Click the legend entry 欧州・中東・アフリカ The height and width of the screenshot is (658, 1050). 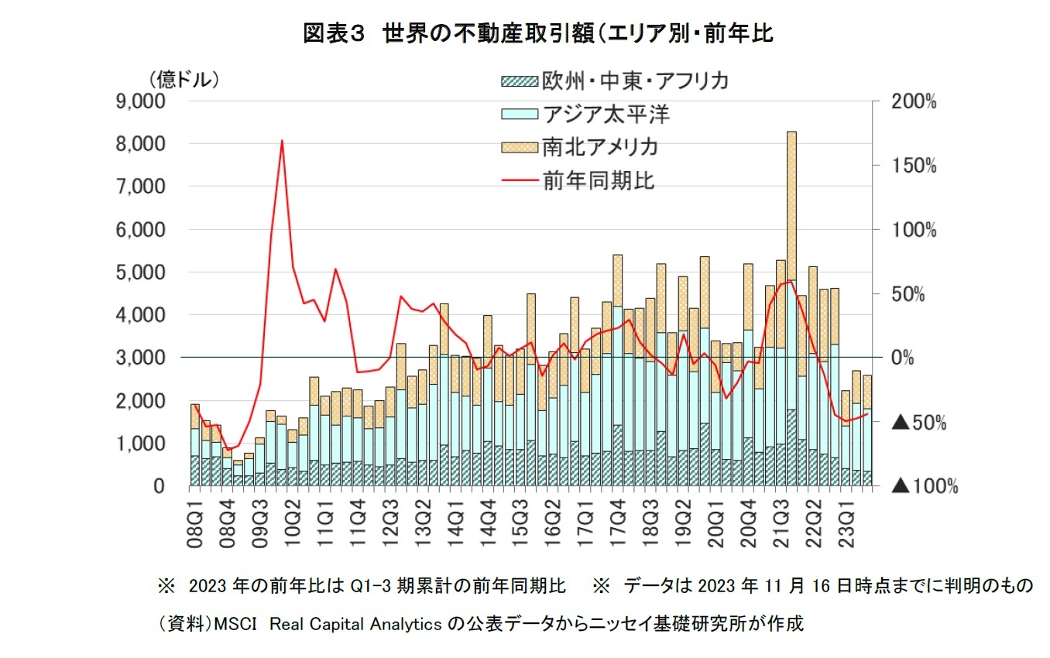coord(634,81)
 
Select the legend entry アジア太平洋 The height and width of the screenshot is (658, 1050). coord(606,115)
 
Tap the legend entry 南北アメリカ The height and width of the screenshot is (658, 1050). coord(600,147)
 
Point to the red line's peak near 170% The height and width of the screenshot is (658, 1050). coord(282,141)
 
